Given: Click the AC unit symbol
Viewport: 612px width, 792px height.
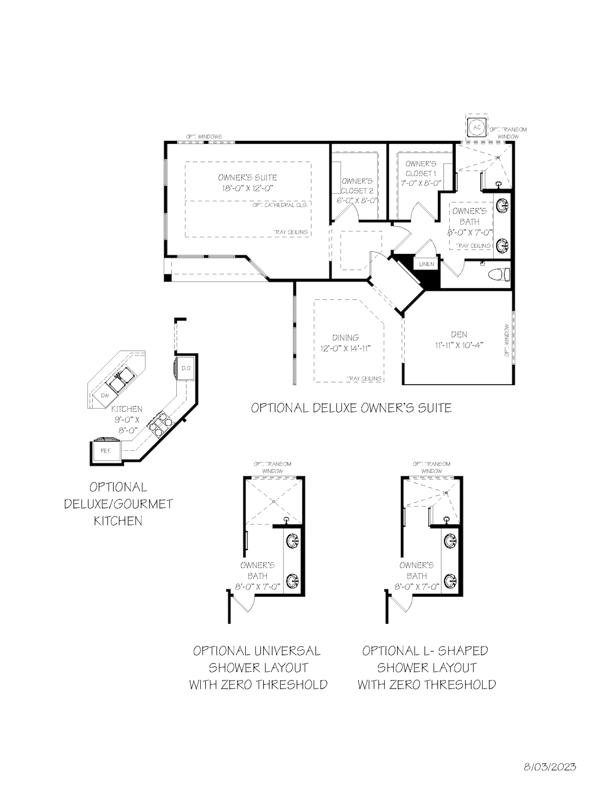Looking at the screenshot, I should pyautogui.click(x=477, y=127).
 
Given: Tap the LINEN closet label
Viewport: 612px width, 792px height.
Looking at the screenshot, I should pyautogui.click(x=426, y=264).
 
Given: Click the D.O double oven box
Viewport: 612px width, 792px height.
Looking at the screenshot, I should pyautogui.click(x=186, y=368).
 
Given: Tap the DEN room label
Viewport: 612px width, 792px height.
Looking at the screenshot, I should pyautogui.click(x=459, y=335).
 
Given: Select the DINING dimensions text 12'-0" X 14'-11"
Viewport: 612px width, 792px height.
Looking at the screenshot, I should pyautogui.click(x=346, y=348).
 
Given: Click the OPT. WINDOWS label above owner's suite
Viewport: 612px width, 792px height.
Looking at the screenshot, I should pyautogui.click(x=204, y=137).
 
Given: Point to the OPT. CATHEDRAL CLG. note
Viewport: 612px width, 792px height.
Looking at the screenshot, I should pyautogui.click(x=279, y=205).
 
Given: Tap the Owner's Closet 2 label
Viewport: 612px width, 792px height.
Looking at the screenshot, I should pyautogui.click(x=357, y=186).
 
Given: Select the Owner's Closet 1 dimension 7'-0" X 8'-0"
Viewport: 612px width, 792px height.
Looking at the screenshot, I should pyautogui.click(x=421, y=183).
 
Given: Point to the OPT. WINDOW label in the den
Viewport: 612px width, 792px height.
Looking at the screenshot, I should pyautogui.click(x=507, y=340).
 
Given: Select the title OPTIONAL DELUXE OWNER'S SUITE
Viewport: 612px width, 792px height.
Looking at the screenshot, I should pyautogui.click(x=351, y=408).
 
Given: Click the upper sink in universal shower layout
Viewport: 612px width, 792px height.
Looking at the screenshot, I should pyautogui.click(x=293, y=541).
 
